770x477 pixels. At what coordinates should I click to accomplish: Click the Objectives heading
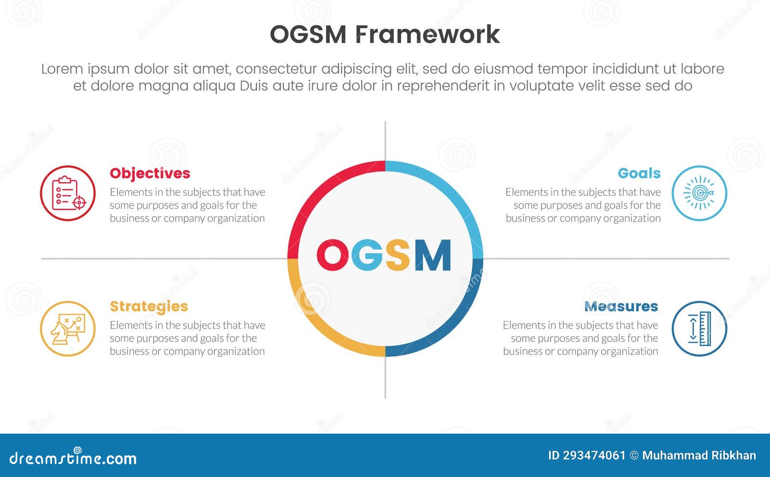[150, 173]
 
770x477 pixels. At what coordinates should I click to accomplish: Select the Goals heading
[639, 173]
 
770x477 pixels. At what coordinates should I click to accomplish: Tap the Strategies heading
[149, 306]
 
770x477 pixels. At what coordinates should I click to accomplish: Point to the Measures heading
[621, 306]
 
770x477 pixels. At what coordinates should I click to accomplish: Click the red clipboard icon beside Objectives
[67, 193]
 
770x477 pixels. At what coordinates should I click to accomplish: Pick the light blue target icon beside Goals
[699, 193]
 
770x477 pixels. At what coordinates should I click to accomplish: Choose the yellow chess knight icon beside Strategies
[67, 329]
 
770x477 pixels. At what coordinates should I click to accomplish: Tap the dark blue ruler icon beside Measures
[699, 329]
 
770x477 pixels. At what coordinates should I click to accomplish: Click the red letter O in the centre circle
[332, 255]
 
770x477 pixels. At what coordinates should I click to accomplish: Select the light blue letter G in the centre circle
[367, 255]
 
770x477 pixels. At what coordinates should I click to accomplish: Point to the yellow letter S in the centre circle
[398, 255]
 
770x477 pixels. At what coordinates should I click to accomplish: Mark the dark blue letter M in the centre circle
[433, 255]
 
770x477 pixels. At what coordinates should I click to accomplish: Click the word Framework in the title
[428, 35]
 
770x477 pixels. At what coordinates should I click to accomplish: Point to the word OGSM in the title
[308, 35]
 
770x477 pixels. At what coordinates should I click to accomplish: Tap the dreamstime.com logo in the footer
[73, 458]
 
